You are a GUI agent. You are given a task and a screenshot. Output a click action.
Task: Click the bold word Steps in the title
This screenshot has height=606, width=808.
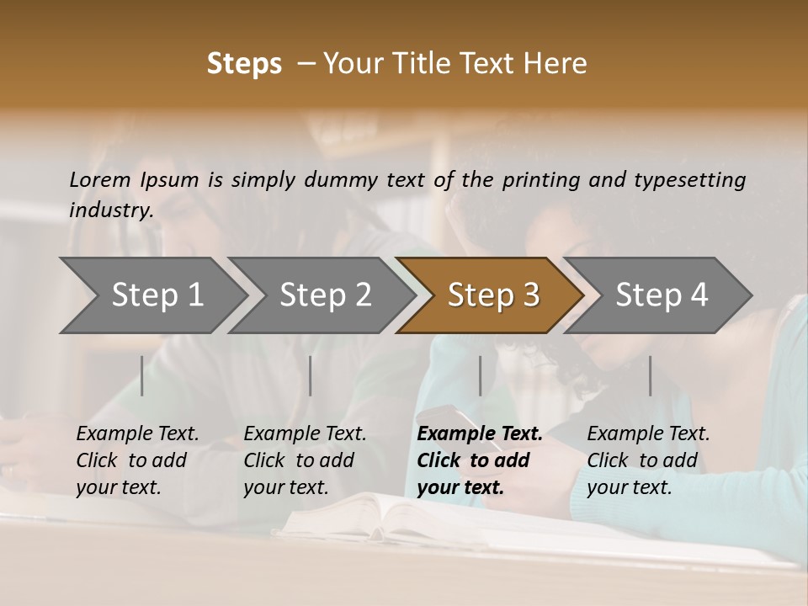[x=244, y=64]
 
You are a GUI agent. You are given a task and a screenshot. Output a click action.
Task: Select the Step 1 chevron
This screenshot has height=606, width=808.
[x=157, y=295]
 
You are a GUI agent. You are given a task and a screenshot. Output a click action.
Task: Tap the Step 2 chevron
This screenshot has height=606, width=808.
[x=325, y=295]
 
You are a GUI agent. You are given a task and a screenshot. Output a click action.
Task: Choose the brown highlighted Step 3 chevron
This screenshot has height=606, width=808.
[x=492, y=295]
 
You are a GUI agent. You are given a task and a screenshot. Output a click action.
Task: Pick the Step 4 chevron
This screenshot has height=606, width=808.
[x=661, y=295]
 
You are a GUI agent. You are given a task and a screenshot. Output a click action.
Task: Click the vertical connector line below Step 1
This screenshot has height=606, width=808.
[x=142, y=375]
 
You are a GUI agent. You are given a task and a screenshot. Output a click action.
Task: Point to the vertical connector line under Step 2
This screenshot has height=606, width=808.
[x=311, y=375]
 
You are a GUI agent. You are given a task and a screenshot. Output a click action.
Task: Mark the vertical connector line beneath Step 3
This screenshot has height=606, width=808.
[x=480, y=375]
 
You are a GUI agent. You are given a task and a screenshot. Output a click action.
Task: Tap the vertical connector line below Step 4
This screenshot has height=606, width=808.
[x=650, y=375]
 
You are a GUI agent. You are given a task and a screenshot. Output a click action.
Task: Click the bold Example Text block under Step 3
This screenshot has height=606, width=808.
[x=480, y=460]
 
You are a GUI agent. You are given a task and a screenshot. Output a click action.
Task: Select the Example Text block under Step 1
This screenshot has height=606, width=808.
[x=137, y=460]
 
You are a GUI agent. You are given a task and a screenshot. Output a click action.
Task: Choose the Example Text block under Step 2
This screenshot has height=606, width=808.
[x=305, y=460]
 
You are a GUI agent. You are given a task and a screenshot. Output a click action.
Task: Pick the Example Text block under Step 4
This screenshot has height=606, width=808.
[x=648, y=460]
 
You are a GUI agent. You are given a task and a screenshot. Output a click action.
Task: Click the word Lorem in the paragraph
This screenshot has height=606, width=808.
[x=100, y=179]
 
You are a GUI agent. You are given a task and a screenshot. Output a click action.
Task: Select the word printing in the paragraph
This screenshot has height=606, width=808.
[x=538, y=180]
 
